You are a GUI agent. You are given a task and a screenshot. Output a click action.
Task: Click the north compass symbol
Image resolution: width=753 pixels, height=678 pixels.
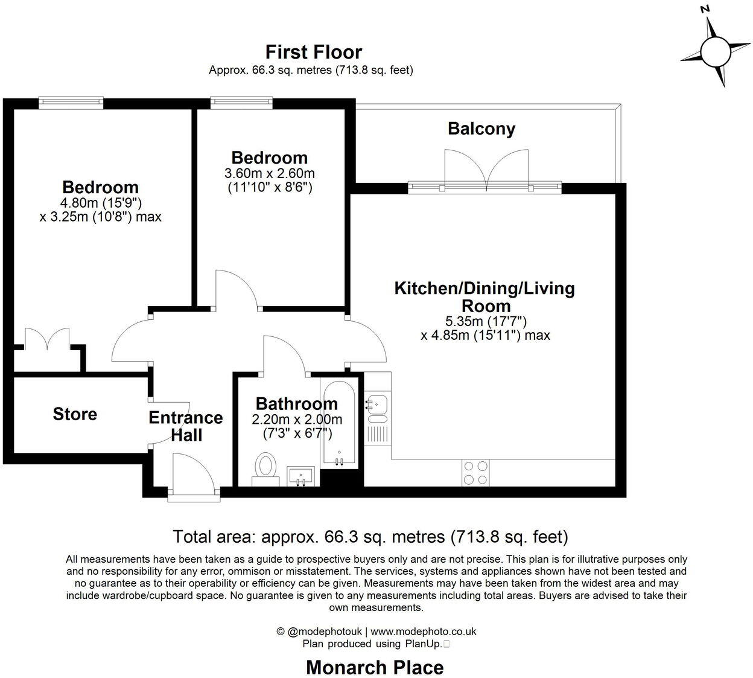pyautogui.click(x=715, y=52)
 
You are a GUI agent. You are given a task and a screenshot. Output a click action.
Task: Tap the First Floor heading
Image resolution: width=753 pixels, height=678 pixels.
pyautogui.click(x=313, y=52)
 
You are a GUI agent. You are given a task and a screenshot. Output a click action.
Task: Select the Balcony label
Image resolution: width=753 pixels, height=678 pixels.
pyautogui.click(x=481, y=129)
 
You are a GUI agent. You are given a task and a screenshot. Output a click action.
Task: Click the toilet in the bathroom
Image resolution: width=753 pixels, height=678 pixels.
pyautogui.click(x=265, y=468)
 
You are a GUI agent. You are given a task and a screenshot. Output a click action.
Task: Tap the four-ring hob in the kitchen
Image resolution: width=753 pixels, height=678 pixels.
pyautogui.click(x=475, y=472)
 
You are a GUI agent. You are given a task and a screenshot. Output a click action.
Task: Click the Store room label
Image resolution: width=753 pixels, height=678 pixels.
pyautogui.click(x=75, y=414)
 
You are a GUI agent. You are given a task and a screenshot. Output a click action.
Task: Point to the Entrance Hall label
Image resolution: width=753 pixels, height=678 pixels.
pyautogui.click(x=186, y=426)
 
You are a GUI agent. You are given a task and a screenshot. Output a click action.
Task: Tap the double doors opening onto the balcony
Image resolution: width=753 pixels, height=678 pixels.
pyautogui.click(x=486, y=170)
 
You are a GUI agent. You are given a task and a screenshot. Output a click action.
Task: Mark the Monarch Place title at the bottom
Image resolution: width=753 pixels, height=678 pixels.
pyautogui.click(x=375, y=667)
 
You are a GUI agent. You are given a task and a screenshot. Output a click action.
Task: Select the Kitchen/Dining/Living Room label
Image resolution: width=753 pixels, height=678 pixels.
pyautogui.click(x=485, y=296)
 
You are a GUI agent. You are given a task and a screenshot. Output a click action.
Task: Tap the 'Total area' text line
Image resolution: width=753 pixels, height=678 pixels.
pyautogui.click(x=370, y=536)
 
